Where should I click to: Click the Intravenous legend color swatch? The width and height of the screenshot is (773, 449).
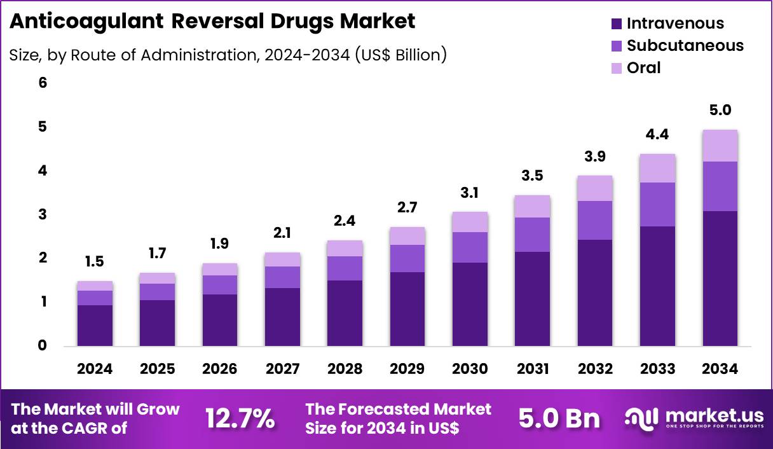615,24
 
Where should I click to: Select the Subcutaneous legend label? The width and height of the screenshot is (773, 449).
685,45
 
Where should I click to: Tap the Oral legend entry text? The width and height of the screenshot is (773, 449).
643,67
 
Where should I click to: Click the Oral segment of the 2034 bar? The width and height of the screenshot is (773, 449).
720,146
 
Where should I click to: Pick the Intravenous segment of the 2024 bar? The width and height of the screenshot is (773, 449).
95,325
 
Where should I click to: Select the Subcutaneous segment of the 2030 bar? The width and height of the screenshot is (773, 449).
470,247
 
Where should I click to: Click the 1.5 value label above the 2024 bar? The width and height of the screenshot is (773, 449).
95,262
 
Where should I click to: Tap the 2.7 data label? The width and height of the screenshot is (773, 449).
407,208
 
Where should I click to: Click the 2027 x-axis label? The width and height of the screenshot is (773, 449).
282,369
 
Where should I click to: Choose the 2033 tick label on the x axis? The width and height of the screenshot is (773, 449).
657,369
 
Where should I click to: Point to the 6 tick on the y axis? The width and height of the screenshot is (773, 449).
43,83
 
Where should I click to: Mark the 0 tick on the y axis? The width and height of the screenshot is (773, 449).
43,346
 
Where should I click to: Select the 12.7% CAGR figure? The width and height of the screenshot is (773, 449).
240,418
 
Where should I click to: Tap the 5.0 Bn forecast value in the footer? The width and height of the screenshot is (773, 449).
559,418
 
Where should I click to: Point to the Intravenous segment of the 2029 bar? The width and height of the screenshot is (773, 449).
407,309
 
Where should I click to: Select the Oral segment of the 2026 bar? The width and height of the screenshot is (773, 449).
220,269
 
